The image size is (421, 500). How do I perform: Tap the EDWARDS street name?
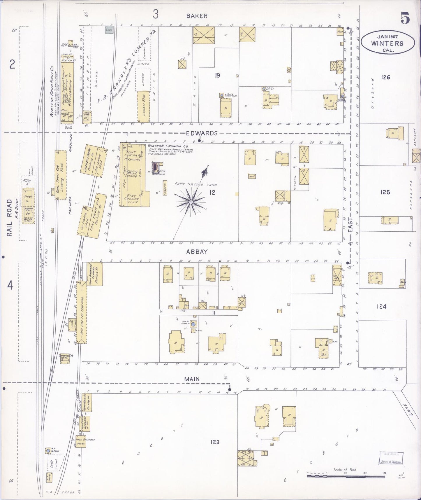coord(202,133)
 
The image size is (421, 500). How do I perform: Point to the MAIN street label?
coord(192,379)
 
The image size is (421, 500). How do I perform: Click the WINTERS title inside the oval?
coord(387,43)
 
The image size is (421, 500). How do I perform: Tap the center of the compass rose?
coord(191,202)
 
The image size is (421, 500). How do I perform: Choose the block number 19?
coord(217,76)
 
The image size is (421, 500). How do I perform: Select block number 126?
coord(385,77)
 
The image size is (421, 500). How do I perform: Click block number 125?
coord(385,192)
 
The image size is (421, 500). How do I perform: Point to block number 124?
coord(381,306)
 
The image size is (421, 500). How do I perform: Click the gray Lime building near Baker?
coord(110,29)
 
